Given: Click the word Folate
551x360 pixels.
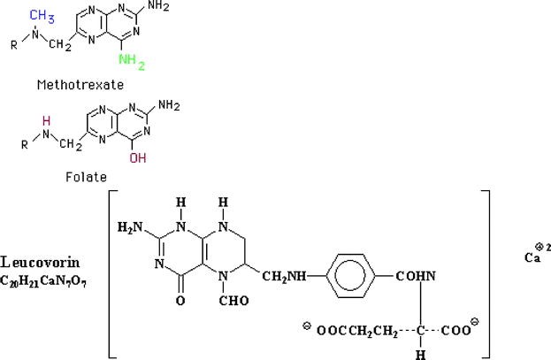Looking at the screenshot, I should point(80,176).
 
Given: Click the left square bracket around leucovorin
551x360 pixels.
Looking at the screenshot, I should point(112,274).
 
